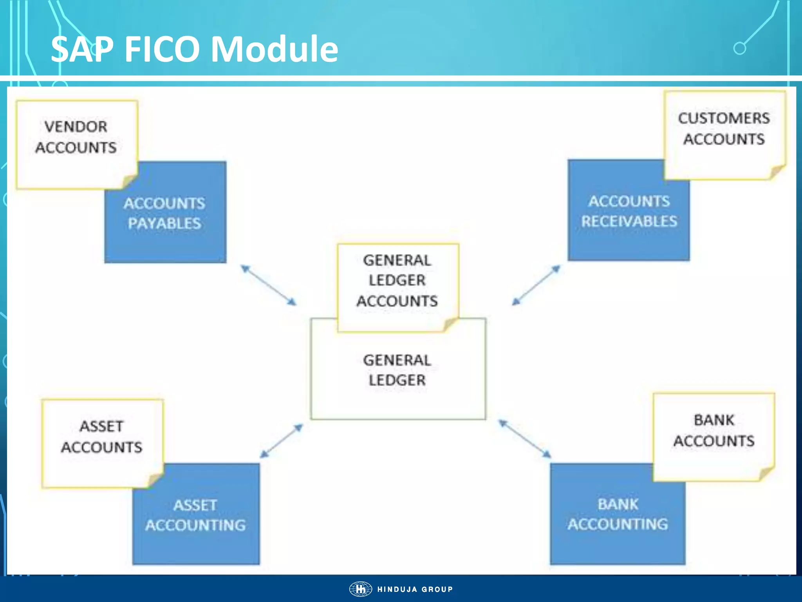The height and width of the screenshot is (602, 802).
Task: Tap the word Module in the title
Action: click(x=274, y=49)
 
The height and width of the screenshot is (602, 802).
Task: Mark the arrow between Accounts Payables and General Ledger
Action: click(x=269, y=285)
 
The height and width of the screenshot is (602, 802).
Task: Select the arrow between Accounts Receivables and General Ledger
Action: click(x=536, y=285)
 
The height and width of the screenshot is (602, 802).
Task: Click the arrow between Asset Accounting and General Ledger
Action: click(x=281, y=441)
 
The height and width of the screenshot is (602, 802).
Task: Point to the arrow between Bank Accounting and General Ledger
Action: click(x=525, y=439)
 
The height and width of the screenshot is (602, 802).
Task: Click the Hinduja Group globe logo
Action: click(x=360, y=589)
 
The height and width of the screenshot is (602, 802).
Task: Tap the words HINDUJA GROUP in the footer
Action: click(x=415, y=589)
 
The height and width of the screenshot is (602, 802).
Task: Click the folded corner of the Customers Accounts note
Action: click(x=777, y=172)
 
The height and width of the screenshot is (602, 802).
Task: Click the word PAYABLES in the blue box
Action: click(x=164, y=224)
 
